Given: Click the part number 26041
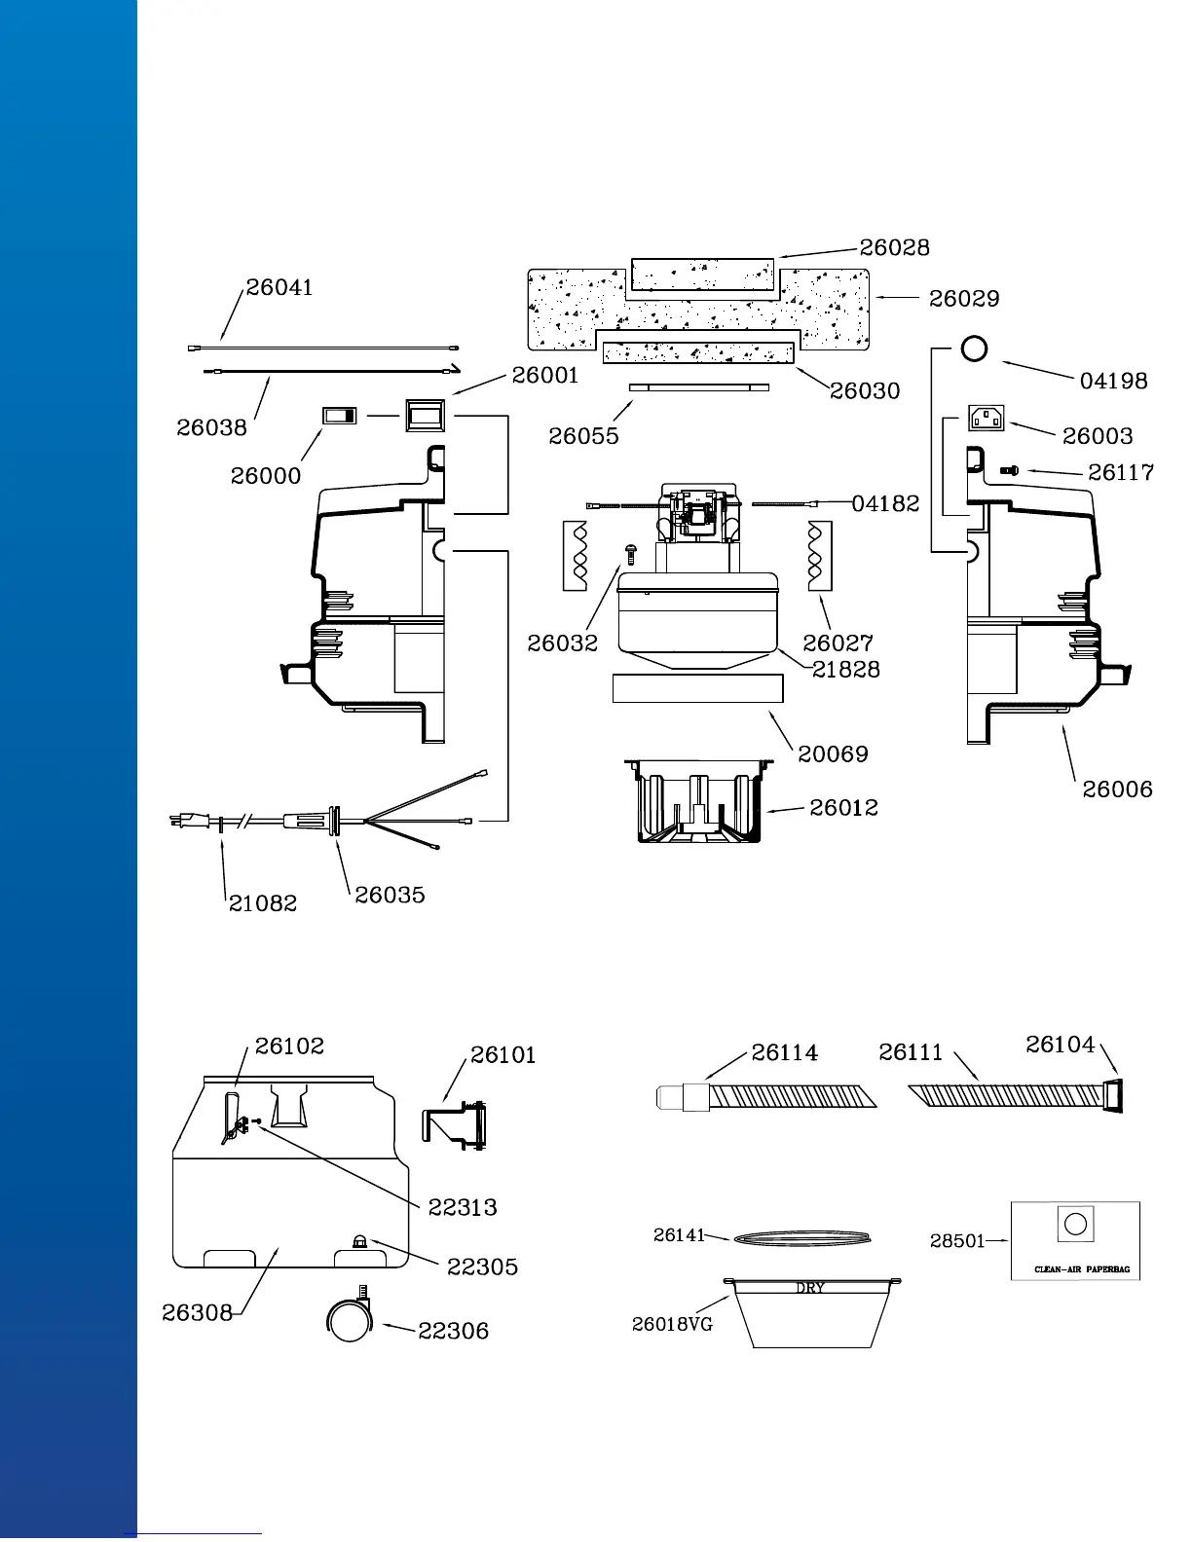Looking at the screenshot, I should click(x=279, y=287).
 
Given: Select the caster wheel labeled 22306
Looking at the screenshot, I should click(x=349, y=1320).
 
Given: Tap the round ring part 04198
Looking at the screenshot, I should click(x=974, y=349).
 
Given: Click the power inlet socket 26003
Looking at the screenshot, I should click(x=986, y=418).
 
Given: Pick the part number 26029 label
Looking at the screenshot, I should click(x=964, y=299).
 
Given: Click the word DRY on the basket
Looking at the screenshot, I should click(x=810, y=1288).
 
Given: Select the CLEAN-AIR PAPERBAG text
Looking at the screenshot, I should click(x=1082, y=1269).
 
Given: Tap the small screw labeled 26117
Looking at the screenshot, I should click(x=1010, y=470).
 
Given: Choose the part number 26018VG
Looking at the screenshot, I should click(x=672, y=1324).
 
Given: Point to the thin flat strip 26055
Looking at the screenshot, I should click(x=699, y=387).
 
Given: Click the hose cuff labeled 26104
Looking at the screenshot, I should click(x=1114, y=1095).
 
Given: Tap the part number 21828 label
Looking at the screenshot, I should click(x=845, y=670).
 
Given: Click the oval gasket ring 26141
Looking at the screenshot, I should click(x=801, y=1239).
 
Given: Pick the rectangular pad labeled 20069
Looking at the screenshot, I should click(x=697, y=687).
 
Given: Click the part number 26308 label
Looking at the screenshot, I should click(x=198, y=1312).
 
